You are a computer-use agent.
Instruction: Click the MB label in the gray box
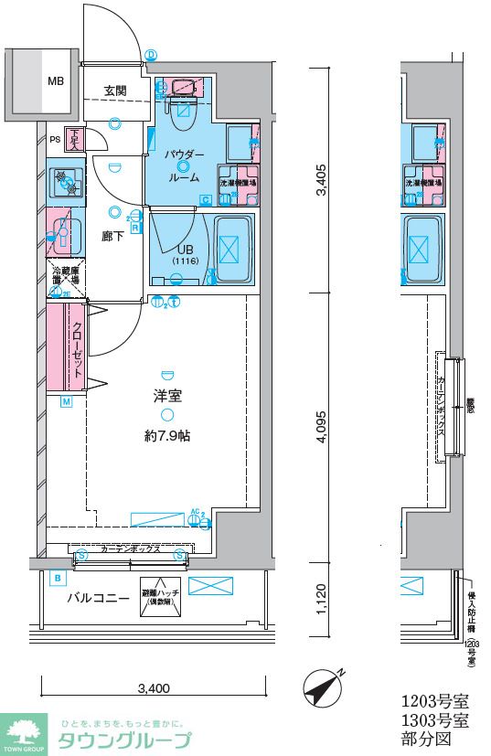pos(56,81)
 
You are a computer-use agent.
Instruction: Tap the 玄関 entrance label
pos(114,91)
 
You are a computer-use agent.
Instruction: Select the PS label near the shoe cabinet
pos(55,140)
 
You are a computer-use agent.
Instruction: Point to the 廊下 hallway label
pos(113,235)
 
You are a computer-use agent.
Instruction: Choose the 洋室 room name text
pos(166,397)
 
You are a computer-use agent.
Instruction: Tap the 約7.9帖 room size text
pos(166,436)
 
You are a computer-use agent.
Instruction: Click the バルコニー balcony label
pos(97,599)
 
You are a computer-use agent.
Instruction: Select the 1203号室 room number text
pos(435,702)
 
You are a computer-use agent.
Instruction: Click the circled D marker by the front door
pos(151,55)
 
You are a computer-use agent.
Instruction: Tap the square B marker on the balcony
pos(58,578)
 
